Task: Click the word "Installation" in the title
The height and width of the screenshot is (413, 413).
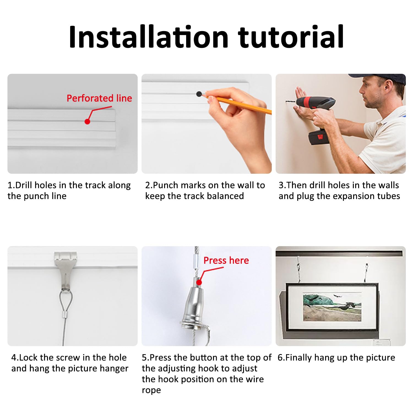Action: click(x=149, y=37)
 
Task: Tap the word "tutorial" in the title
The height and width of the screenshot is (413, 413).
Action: click(x=291, y=37)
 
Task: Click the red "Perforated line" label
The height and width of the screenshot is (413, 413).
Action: click(x=99, y=98)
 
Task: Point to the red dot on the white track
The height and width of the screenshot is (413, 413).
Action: click(x=88, y=121)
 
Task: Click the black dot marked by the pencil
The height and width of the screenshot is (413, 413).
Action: click(x=199, y=94)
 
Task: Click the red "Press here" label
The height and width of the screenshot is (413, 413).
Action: click(x=226, y=260)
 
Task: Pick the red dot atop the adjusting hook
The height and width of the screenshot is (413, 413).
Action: click(x=199, y=282)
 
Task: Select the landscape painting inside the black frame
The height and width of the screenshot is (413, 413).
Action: click(x=332, y=307)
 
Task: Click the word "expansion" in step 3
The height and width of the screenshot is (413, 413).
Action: click(x=349, y=196)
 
